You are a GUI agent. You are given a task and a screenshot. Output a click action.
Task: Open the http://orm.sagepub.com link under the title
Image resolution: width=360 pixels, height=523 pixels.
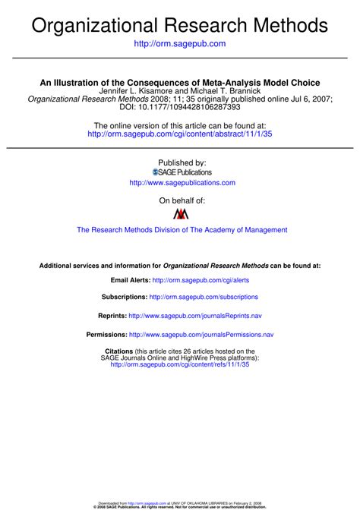179,44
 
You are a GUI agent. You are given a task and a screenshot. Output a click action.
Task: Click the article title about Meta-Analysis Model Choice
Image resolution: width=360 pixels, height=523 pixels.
180,82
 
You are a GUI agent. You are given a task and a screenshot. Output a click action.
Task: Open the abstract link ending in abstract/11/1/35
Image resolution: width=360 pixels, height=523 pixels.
179,134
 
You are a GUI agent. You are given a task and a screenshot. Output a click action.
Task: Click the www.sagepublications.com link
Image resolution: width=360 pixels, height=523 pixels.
182,183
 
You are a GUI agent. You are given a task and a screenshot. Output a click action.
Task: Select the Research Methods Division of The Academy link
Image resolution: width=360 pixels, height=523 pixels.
182,230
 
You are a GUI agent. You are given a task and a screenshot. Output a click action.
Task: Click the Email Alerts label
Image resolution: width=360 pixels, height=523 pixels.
131,280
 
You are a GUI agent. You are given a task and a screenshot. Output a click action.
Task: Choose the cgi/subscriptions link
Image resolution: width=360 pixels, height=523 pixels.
204,297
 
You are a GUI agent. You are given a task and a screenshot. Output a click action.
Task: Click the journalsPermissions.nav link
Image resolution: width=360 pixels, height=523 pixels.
201,334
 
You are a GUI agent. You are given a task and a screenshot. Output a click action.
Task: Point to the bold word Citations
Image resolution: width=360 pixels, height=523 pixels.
118,351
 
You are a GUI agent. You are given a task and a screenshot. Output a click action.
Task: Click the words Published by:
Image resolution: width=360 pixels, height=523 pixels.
182,162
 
